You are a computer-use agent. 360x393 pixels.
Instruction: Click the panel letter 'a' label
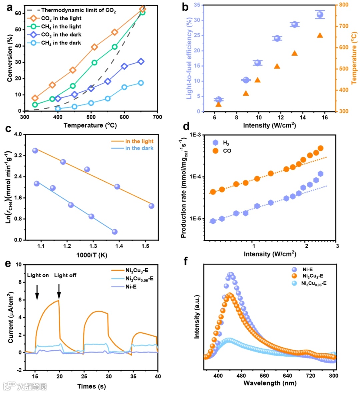10,7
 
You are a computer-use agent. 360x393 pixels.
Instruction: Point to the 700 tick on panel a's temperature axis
157,117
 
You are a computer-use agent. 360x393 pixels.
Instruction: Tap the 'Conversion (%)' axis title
10,60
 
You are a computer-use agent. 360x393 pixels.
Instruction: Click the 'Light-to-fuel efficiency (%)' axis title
189,59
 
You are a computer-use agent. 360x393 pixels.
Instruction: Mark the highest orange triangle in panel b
320,35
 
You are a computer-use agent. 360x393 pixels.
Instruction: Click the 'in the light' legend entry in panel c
139,141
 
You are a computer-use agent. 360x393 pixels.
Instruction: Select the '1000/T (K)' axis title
92,255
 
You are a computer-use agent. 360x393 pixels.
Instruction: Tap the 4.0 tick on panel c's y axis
17,134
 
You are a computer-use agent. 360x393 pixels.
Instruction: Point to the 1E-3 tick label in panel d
195,135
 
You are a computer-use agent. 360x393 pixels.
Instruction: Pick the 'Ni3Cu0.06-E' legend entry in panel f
313,284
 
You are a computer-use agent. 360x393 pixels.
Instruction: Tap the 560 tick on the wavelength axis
264,376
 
